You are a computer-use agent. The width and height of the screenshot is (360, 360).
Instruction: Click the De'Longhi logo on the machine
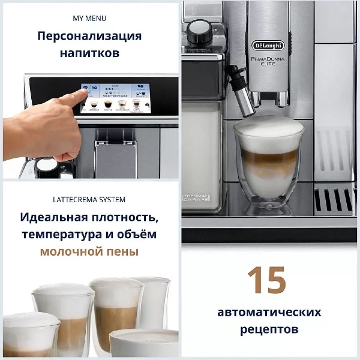click(x=267, y=46)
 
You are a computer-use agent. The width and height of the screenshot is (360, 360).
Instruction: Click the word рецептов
click(x=269, y=329)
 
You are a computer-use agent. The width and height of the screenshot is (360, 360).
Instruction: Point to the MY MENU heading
click(x=90, y=18)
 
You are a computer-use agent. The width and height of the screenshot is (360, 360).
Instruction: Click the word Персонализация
click(x=90, y=36)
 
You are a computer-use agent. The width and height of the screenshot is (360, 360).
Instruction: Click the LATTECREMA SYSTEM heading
click(x=89, y=199)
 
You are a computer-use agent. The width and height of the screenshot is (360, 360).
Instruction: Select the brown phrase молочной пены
click(x=89, y=251)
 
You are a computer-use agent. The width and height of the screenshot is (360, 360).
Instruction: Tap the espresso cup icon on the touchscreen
click(x=93, y=104)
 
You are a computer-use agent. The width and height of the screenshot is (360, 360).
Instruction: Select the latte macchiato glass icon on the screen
click(x=136, y=104)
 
